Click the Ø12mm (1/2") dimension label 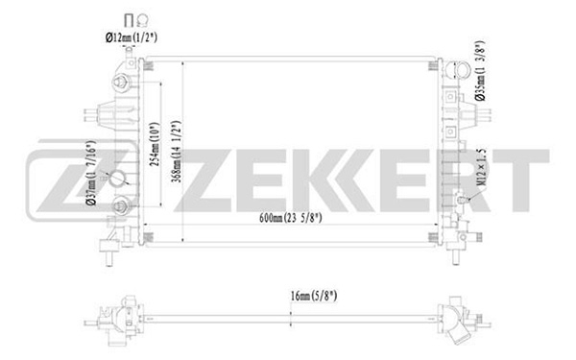(132, 37)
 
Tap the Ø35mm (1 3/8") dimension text (480, 70)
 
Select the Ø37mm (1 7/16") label (91, 172)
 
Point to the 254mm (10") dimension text (155, 144)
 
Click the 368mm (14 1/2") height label (177, 152)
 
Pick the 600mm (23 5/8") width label (291, 218)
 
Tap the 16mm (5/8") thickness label (314, 296)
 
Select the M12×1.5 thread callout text (481, 168)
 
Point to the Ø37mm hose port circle (117, 178)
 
